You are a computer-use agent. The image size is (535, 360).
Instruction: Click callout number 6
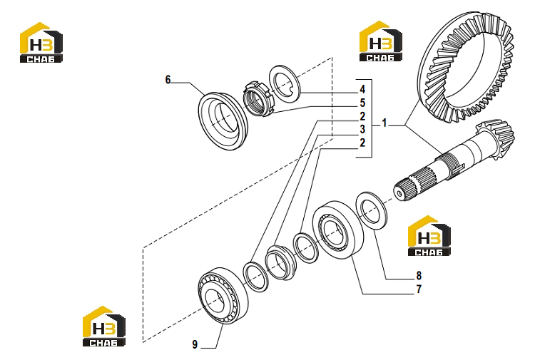(168, 79)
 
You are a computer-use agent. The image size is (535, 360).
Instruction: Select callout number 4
(362, 89)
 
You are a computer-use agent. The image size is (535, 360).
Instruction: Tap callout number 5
(362, 103)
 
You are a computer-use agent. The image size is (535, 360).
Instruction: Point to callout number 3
(362, 129)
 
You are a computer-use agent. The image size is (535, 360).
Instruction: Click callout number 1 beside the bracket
(384, 123)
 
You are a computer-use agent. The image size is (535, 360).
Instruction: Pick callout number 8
(419, 275)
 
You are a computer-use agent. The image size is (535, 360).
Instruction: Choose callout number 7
(419, 289)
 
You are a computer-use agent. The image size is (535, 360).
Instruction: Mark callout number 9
(195, 344)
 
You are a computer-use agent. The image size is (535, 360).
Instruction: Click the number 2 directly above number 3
(362, 116)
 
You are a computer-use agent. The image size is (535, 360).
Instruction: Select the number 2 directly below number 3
(362, 143)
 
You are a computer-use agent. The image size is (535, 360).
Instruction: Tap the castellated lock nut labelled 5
(258, 98)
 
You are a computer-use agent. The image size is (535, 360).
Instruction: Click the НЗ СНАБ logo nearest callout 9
(103, 326)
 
